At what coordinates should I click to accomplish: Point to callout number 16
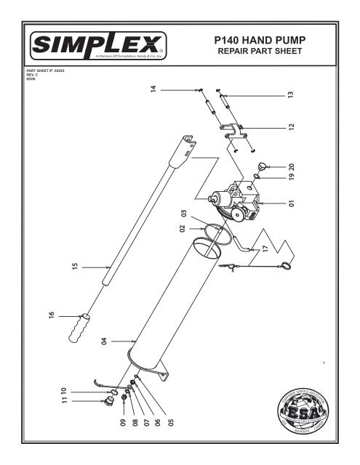52,315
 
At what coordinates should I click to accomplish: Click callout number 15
74,267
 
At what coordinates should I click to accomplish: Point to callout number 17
266,248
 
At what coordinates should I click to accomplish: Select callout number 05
171,422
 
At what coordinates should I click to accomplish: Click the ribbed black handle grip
79,327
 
